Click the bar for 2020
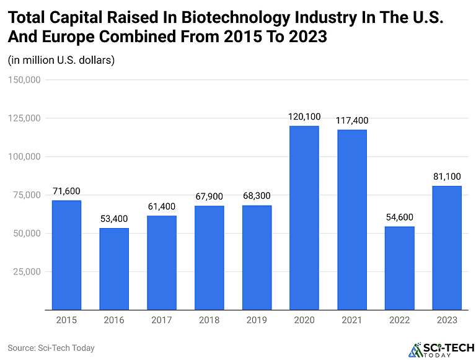coord(304,217)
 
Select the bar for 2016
coord(114,269)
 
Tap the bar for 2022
coord(400,268)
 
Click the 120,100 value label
coord(304,116)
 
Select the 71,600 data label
coord(66,191)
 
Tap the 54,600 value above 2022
coord(400,217)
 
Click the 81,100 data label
coord(447,177)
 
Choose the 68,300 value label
coord(257,196)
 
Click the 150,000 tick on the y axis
coord(24,80)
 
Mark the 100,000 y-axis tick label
coord(24,157)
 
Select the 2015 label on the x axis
coord(66,320)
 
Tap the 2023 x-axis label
coord(447,320)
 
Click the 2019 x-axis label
coord(257,320)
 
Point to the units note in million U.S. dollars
coord(61,60)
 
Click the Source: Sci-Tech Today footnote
coord(51,348)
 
